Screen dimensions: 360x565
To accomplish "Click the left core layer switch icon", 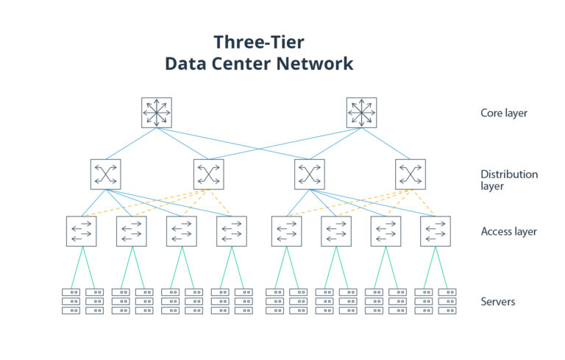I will point(157,113).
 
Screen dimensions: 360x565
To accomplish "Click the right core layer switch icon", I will point(361,113).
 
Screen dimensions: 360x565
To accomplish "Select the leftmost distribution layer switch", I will point(106,174).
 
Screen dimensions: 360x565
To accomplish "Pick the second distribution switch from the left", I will point(208,174).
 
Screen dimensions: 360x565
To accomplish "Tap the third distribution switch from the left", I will point(309,174).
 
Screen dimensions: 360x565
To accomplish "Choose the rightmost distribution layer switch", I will point(410,174).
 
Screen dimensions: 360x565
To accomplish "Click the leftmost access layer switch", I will point(81,231).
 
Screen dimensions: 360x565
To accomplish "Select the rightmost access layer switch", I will point(436,231).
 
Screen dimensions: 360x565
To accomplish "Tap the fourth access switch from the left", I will point(232,231).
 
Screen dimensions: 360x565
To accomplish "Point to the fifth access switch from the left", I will point(286,231).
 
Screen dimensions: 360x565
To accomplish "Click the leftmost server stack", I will point(71,301).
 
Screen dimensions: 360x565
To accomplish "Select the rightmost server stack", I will point(447,301).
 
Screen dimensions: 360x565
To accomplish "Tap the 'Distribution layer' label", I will point(509,180).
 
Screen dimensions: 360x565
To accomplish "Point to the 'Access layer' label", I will point(508,231).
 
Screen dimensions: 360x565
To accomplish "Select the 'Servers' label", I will point(498,302).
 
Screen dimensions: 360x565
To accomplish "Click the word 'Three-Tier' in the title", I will point(257,41).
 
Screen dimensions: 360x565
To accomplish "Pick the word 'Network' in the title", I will point(315,64).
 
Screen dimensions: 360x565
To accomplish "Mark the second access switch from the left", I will point(132,231).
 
